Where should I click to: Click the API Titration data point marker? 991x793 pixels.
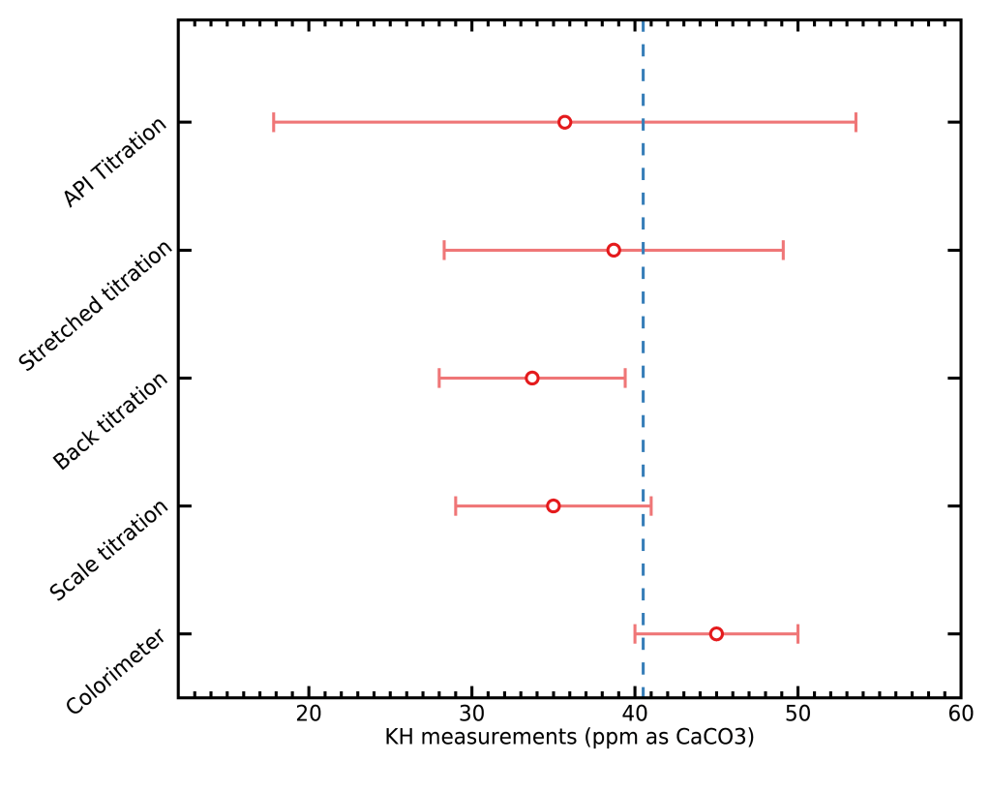pyautogui.click(x=564, y=122)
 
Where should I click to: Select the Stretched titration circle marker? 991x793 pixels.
pyautogui.click(x=614, y=250)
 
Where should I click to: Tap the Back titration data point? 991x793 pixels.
pyautogui.click(x=532, y=378)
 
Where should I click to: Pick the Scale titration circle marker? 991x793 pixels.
pyautogui.click(x=553, y=505)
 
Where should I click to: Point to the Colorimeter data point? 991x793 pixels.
pyautogui.click(x=716, y=634)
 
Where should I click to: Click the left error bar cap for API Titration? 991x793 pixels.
pyautogui.click(x=274, y=122)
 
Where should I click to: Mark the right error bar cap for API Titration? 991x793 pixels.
pyautogui.click(x=856, y=122)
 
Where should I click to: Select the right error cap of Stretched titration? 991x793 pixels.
pyautogui.click(x=783, y=250)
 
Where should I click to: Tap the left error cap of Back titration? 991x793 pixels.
pyautogui.click(x=439, y=378)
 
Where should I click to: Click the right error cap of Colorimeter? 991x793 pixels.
pyautogui.click(x=797, y=634)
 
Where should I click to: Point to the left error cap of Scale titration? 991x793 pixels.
pyautogui.click(x=456, y=505)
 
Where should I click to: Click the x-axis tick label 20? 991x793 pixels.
pyautogui.click(x=309, y=715)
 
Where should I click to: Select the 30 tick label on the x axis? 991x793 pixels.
pyautogui.click(x=471, y=715)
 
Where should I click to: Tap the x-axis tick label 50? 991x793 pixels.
pyautogui.click(x=797, y=715)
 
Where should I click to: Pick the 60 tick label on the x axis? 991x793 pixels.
pyautogui.click(x=960, y=715)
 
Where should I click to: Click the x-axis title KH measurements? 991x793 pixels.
pyautogui.click(x=569, y=738)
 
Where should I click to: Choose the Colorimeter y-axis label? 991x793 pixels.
pyautogui.click(x=116, y=671)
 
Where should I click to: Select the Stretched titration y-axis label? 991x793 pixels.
pyautogui.click(x=97, y=305)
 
